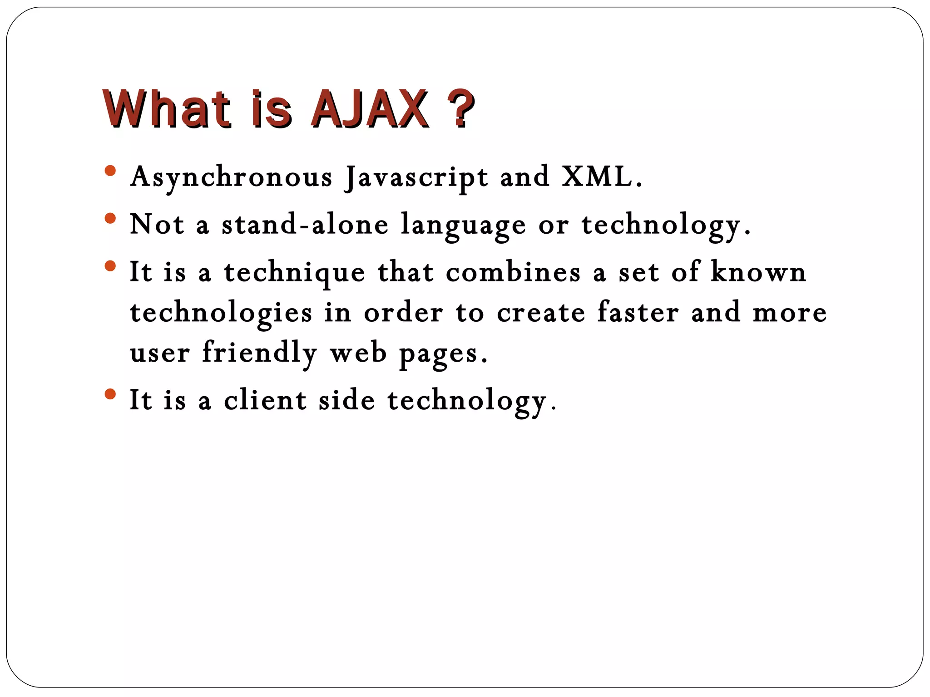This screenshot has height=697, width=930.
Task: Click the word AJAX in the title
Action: (369, 109)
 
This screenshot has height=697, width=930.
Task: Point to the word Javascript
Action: (416, 177)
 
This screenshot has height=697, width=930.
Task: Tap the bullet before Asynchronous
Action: (110, 171)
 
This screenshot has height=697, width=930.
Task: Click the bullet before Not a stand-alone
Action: (110, 219)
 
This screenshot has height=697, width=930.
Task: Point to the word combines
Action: (513, 272)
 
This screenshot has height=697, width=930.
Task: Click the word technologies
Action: (221, 313)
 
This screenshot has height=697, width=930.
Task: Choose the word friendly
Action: (259, 353)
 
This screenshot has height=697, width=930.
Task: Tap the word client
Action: (265, 400)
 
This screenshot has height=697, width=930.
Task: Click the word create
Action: (541, 313)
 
